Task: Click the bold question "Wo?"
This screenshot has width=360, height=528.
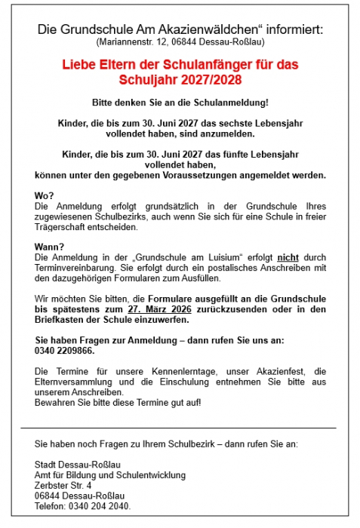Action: (44, 195)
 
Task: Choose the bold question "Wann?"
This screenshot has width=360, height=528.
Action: (48, 247)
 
